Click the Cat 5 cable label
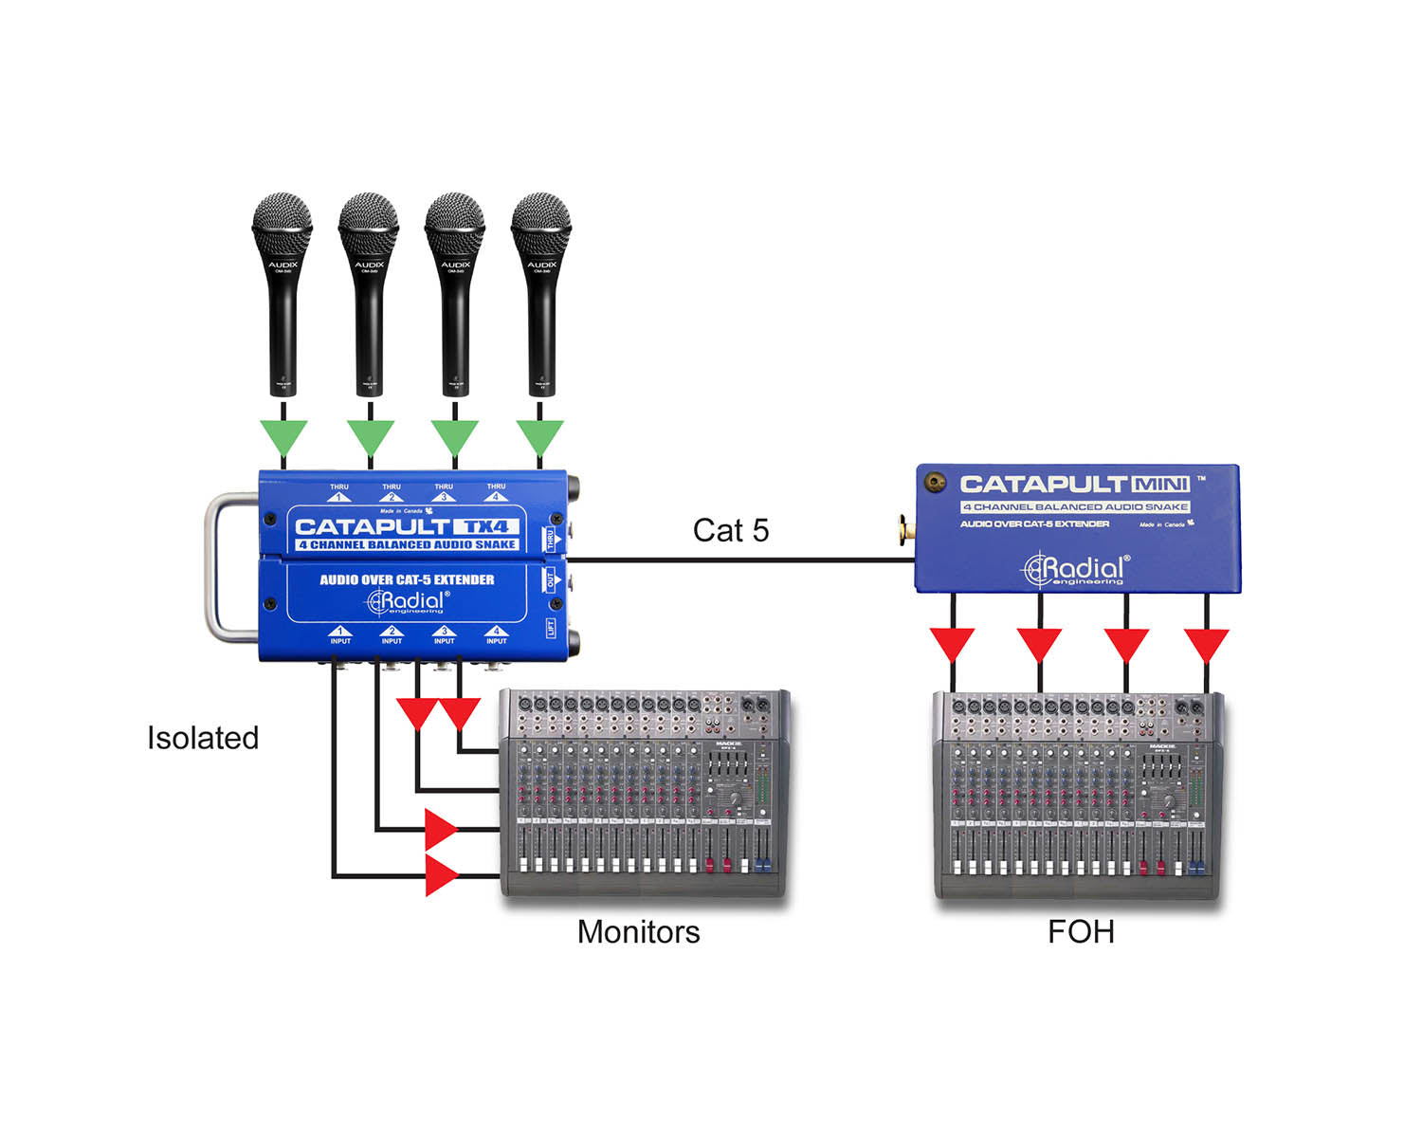[730, 530]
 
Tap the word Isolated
[203, 738]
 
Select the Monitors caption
[638, 932]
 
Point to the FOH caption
[1080, 932]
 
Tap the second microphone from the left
[369, 294]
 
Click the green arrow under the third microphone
[455, 437]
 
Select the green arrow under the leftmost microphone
[283, 437]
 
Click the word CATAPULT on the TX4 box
[371, 526]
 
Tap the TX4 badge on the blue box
[485, 526]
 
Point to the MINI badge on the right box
[1160, 485]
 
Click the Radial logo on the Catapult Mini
[1076, 569]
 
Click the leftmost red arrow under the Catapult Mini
[952, 644]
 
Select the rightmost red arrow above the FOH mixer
[1206, 644]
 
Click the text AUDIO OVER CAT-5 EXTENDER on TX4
[407, 579]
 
